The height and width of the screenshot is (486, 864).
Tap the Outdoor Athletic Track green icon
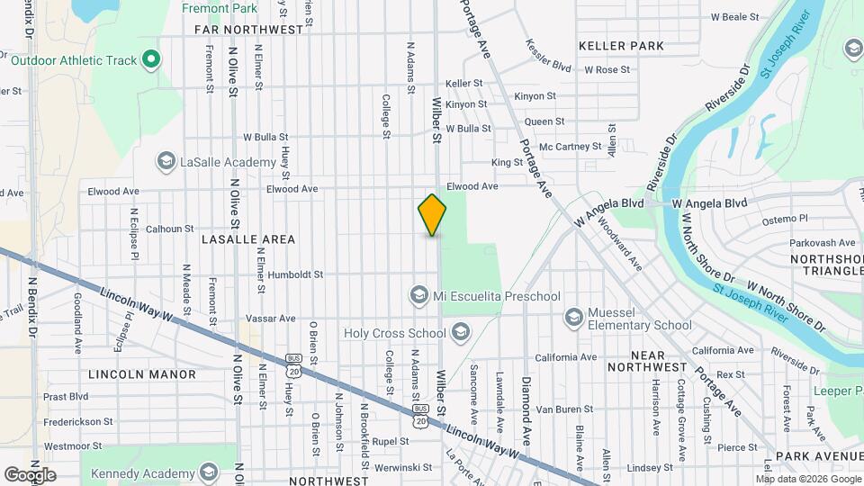tap(151, 61)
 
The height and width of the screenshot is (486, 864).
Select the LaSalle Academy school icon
tap(166, 162)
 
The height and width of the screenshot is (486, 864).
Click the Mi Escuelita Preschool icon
tap(418, 295)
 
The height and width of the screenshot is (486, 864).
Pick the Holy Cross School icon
tap(460, 334)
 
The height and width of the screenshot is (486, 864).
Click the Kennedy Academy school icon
tap(209, 472)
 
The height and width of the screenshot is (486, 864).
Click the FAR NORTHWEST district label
tap(249, 30)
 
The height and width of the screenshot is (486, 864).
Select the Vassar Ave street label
tap(271, 319)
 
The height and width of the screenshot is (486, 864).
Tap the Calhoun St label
tap(170, 229)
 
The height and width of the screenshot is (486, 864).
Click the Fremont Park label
tap(220, 8)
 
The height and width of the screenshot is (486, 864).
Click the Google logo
tap(30, 474)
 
